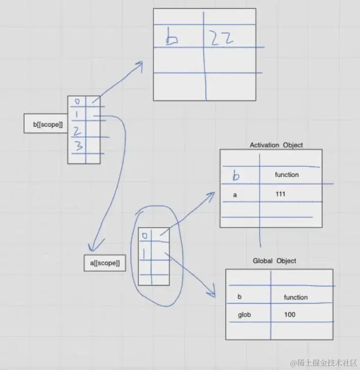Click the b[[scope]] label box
46,124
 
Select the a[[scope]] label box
105,263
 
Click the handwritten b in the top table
172,38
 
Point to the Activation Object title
276,145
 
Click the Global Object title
274,261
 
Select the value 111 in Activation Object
280,194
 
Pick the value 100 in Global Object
290,315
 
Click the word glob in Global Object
244,315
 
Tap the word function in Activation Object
287,175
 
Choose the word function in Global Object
296,297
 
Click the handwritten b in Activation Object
236,176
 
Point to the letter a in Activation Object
235,194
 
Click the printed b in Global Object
240,297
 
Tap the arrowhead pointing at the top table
139,64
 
